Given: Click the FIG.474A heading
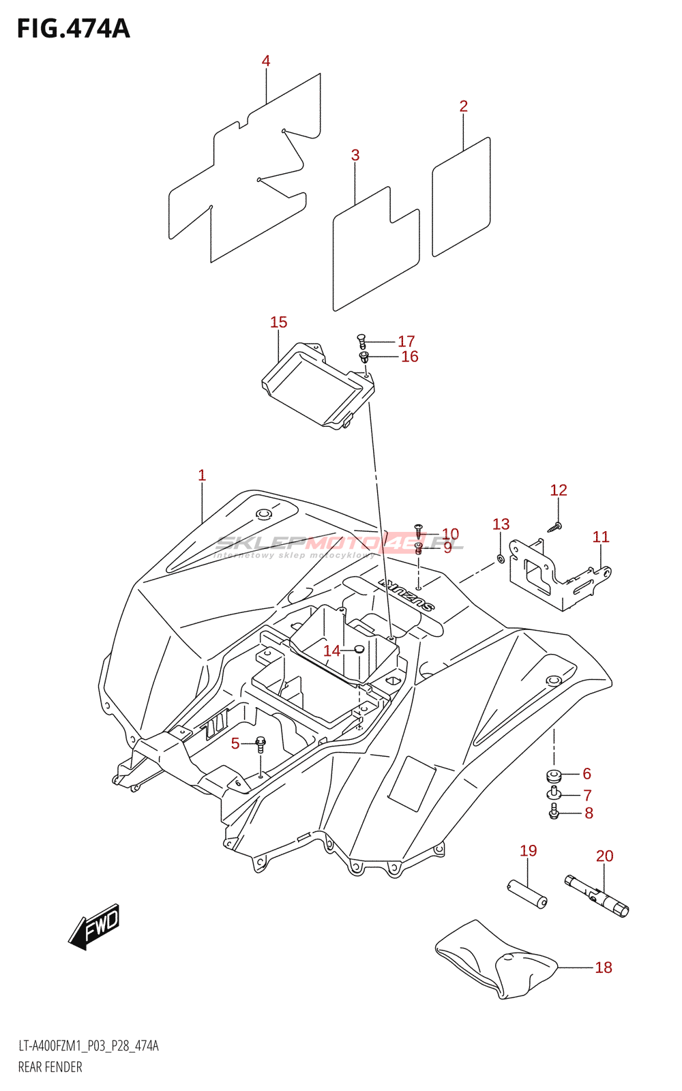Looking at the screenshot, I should click(x=73, y=29).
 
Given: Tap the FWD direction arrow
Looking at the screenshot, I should click(x=95, y=927).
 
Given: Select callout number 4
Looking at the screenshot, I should click(x=266, y=61).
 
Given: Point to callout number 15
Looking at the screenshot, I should click(x=278, y=322).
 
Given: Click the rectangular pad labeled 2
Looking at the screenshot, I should click(x=461, y=197).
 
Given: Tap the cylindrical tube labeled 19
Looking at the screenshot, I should click(x=528, y=893).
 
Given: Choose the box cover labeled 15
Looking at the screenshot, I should click(x=318, y=385).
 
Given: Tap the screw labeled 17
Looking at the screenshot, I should click(x=362, y=340).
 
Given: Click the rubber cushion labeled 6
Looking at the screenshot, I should click(x=553, y=775).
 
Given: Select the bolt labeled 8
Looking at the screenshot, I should click(x=554, y=812).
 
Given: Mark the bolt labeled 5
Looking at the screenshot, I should click(x=260, y=744).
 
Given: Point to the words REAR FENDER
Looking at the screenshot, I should click(x=50, y=1067).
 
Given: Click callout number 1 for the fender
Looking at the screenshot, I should click(x=202, y=475).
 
